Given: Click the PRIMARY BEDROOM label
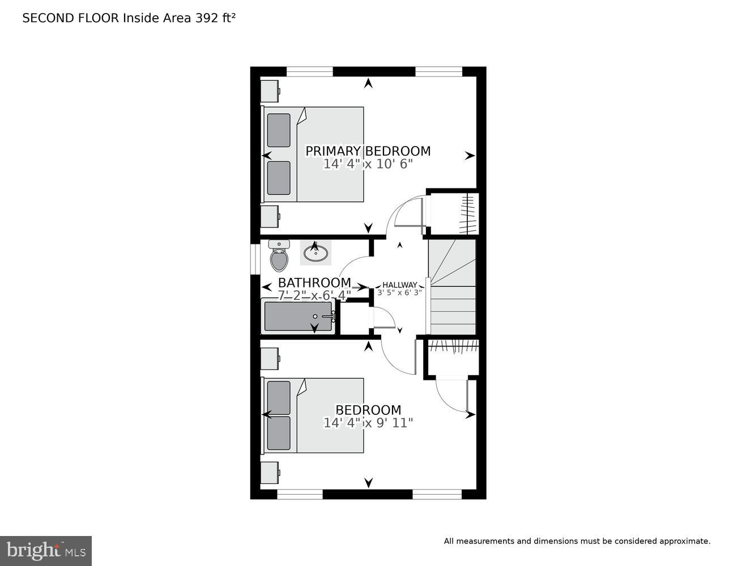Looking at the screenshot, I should [x=368, y=151].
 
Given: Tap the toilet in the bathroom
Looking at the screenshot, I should [x=279, y=257].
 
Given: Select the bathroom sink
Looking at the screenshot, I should [x=316, y=252].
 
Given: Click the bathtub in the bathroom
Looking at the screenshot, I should [x=299, y=317].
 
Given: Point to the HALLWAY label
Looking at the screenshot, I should [x=400, y=285].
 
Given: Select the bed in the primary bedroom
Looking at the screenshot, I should [x=313, y=154].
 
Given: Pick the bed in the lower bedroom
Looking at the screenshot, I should [x=313, y=415].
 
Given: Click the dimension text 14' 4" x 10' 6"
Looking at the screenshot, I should [x=368, y=164].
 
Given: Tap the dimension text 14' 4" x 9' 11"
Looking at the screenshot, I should [x=368, y=423].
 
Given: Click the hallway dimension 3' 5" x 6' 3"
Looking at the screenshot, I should [x=400, y=293].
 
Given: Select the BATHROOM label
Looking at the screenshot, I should [x=314, y=282].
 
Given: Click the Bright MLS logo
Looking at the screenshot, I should [x=45, y=551].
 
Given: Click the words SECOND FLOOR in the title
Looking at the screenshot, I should [x=71, y=18].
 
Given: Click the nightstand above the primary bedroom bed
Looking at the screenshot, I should [x=270, y=91].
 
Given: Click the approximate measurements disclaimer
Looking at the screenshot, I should [x=577, y=541].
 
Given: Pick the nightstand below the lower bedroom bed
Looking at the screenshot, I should [x=270, y=472].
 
